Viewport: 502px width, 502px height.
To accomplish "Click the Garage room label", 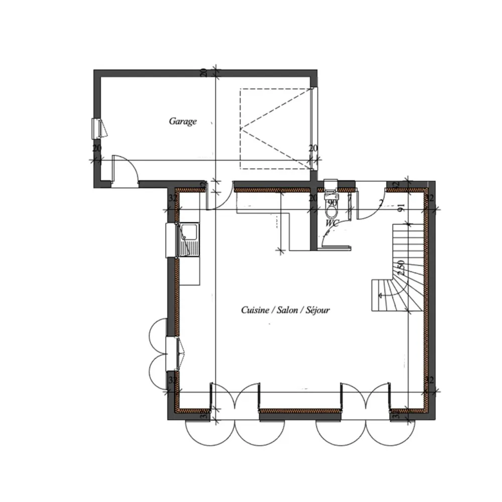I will pos(182,121).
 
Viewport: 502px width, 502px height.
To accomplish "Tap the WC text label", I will pos(332,222).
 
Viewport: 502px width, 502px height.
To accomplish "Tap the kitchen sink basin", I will pos(189,232).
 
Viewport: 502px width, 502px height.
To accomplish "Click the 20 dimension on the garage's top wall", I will pos(203,71).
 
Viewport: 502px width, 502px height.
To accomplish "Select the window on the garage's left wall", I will pos(96,129).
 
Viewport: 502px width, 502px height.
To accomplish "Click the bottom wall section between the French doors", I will pos(300,411).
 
